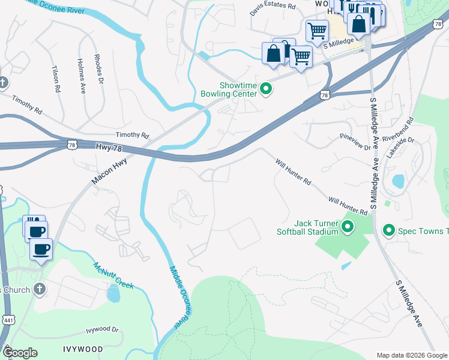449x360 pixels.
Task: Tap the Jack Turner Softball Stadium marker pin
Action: click(x=348, y=227)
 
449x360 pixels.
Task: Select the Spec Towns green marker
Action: click(x=388, y=230)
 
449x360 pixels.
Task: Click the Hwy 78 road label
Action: click(x=109, y=146)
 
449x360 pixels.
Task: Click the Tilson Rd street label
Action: click(x=57, y=79)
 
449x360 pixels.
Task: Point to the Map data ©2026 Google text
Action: click(x=411, y=355)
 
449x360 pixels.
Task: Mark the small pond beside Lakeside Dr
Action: click(x=397, y=181)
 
